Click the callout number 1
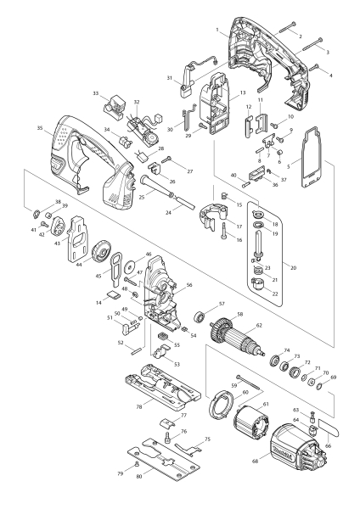(x=218, y=31)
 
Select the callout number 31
(x=170, y=79)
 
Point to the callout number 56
(x=188, y=286)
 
